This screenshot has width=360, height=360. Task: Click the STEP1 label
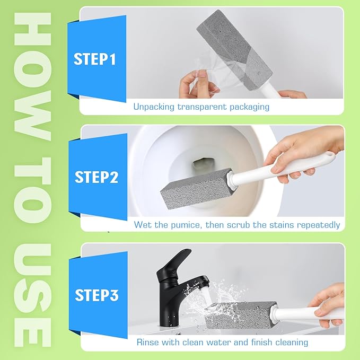tap(94, 59)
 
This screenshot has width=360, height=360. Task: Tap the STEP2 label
tap(96, 177)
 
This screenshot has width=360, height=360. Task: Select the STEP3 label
tap(96, 295)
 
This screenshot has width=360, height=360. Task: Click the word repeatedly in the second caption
tap(318, 225)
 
